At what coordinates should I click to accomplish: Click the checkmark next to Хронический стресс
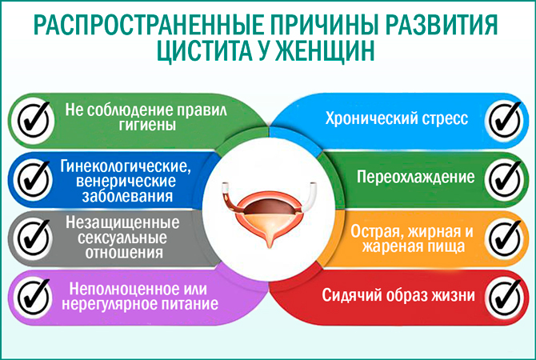coord(505,118)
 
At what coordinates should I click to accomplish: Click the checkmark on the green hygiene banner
coord(32,118)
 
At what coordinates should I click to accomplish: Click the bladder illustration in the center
coord(268,208)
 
